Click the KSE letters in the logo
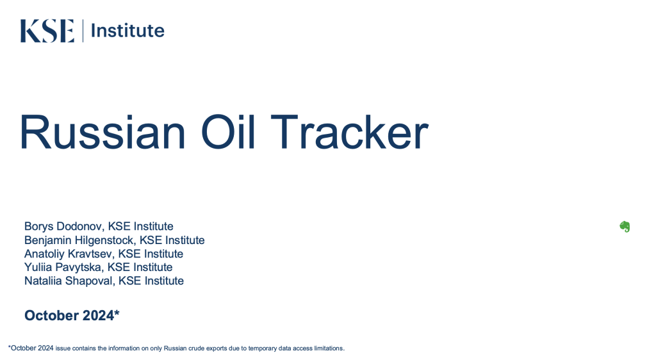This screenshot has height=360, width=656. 47,31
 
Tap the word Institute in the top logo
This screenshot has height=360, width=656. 127,31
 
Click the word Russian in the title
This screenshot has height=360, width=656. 102,132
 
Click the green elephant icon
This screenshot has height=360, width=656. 625,227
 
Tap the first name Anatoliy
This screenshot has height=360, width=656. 44,254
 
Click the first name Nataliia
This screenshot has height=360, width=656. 43,281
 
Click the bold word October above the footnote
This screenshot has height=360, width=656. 51,315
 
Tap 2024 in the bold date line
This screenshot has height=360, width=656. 98,315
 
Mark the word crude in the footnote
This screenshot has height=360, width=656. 196,348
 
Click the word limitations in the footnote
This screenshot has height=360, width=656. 329,348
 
